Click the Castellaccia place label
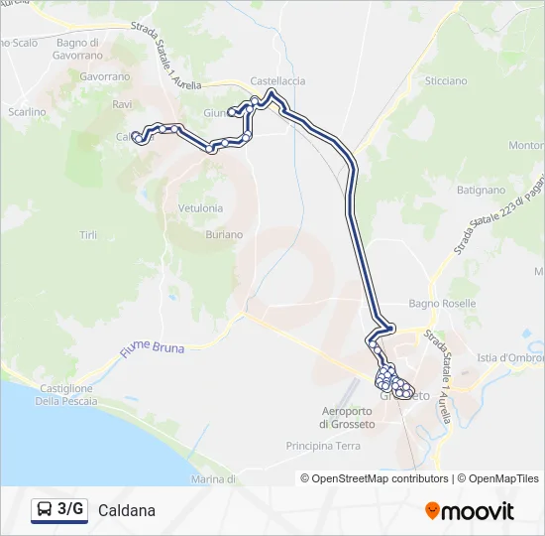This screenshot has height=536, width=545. [277, 80]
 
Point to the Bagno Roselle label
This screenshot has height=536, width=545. [442, 303]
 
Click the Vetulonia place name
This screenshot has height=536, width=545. [200, 208]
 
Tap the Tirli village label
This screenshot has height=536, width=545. [88, 234]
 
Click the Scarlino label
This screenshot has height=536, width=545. [27, 112]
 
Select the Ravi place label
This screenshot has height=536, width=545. [123, 104]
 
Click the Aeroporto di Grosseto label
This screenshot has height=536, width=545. [347, 418]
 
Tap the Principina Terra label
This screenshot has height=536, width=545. [323, 446]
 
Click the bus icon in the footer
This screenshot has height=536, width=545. [46, 510]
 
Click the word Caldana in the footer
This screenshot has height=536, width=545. [127, 511]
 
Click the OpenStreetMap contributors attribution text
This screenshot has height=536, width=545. [375, 478]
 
